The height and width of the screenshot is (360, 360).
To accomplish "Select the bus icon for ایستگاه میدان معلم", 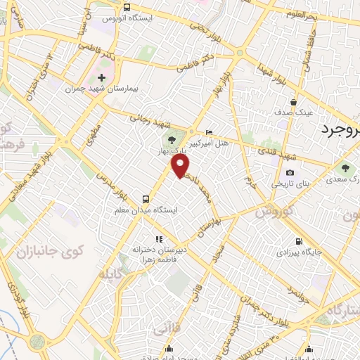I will point(146,198).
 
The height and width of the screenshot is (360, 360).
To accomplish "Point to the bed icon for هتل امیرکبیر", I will point(208,132).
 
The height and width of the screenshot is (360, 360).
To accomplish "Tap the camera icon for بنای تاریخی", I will point(290,173).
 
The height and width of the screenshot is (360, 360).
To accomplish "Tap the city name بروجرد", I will point(340,130).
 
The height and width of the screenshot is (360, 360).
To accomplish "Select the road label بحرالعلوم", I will point(321,15).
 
